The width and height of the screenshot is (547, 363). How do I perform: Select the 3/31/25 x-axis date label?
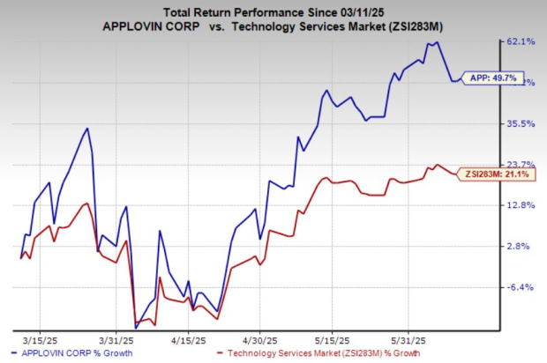click(x=116, y=339)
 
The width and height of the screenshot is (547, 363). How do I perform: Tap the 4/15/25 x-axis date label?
click(x=188, y=339)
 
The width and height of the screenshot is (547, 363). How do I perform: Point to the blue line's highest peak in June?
click(x=438, y=41)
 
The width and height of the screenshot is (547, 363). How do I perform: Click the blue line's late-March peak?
click(x=86, y=129)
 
